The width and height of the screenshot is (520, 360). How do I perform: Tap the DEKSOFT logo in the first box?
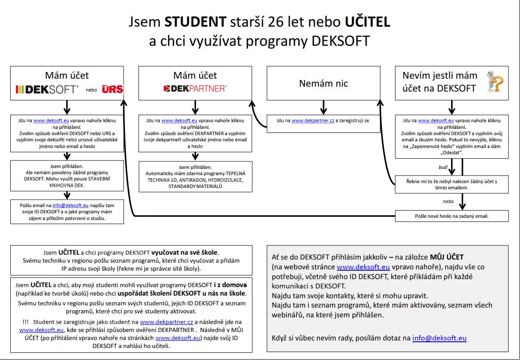47,89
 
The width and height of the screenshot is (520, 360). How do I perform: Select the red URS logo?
112,89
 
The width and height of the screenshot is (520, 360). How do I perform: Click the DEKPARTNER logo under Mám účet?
195,88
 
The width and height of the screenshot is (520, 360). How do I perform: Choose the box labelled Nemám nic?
323,83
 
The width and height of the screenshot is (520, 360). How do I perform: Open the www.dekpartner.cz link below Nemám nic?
313,120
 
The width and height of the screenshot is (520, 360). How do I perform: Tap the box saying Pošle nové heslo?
452,216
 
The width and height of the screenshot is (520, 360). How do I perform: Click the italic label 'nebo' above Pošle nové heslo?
448,201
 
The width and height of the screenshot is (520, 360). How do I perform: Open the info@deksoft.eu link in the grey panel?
439,338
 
